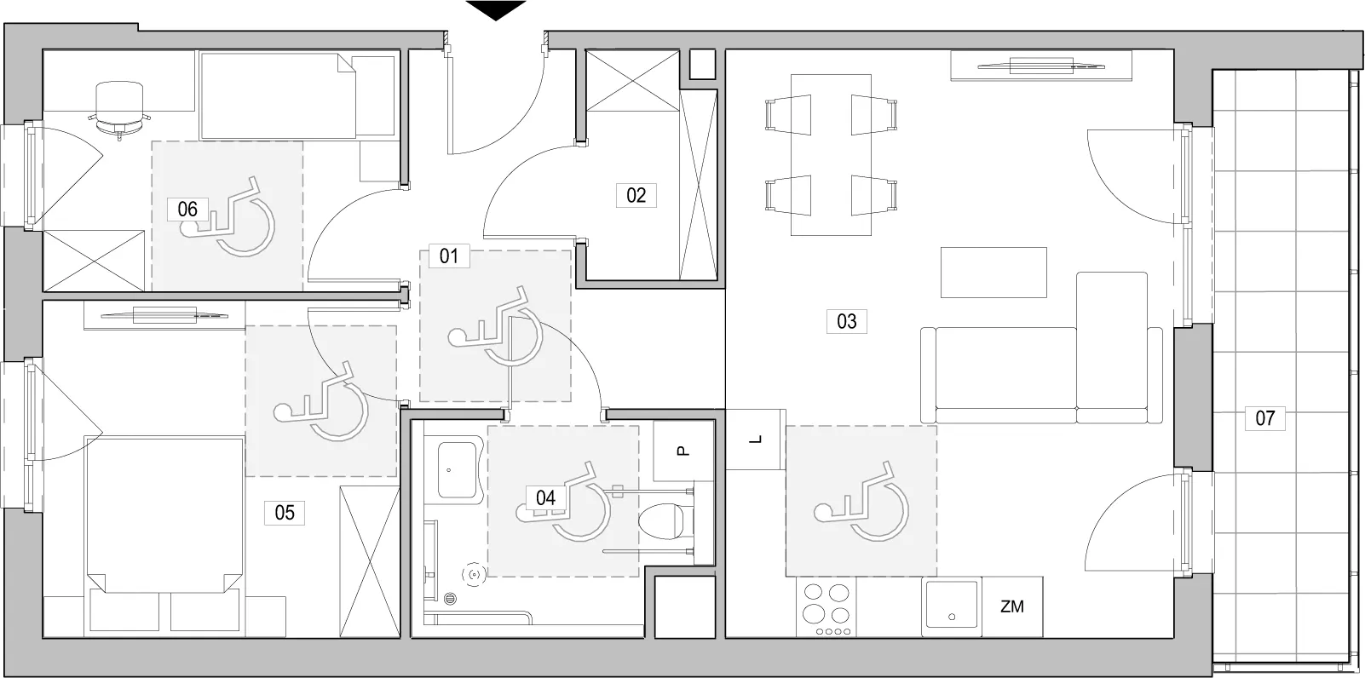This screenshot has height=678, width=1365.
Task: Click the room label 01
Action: point(449,256)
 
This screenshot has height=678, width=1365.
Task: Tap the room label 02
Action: point(636,195)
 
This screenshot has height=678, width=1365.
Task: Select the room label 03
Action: point(846,321)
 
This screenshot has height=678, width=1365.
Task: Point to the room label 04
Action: point(545,497)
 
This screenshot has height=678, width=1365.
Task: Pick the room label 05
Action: point(285,512)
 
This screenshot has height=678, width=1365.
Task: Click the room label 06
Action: point(187,209)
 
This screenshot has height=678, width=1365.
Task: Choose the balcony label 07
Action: point(1265,418)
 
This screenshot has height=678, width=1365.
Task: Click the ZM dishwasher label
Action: point(1012,606)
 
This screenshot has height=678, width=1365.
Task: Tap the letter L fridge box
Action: point(756,440)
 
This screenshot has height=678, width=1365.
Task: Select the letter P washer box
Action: point(683,451)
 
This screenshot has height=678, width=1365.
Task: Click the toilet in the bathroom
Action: point(666,520)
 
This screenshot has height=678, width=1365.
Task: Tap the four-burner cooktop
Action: point(826,607)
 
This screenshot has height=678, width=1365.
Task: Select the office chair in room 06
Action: point(119,111)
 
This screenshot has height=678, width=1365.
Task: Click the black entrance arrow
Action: point(496,10)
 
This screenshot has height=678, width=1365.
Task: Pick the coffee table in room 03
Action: point(994,273)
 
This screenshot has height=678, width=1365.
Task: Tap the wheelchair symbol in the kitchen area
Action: point(861,502)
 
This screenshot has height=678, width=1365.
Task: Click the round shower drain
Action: point(451,599)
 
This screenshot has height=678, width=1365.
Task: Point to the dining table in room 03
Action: point(832,155)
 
